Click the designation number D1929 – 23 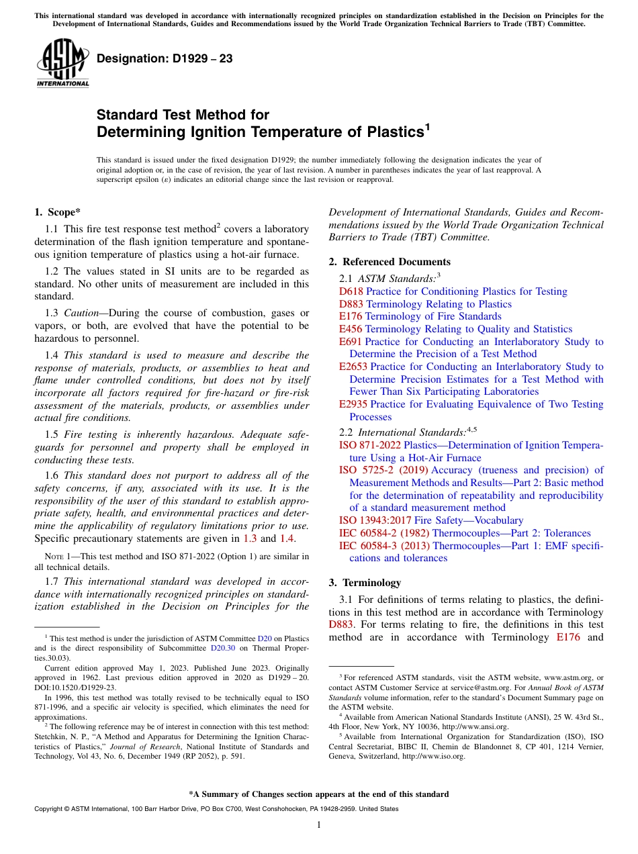tap(165, 59)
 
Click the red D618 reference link tap(351, 291)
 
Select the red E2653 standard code tap(353, 367)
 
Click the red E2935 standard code tap(353, 404)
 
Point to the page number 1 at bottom tap(319, 825)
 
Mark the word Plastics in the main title tap(387, 132)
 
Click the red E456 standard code tap(351, 329)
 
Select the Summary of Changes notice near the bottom tap(319, 794)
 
